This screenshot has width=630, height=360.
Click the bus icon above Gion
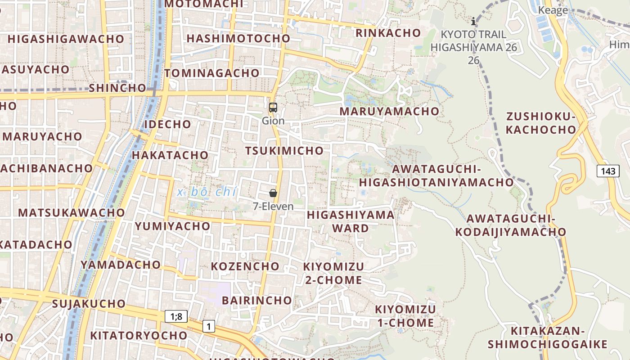(273, 108)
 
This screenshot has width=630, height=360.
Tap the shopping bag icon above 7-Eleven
(273, 193)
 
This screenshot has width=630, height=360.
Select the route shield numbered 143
(608, 171)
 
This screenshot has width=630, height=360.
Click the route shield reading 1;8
(176, 316)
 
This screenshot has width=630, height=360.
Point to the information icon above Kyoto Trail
(473, 21)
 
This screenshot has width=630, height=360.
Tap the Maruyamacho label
(389, 111)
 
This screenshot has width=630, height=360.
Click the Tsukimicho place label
(284, 151)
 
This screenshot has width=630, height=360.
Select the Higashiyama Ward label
(351, 221)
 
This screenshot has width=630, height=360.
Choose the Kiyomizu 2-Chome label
(333, 273)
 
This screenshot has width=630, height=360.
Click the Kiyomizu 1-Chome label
(405, 316)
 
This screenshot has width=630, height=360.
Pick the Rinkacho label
(388, 33)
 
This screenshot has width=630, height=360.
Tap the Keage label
(553, 10)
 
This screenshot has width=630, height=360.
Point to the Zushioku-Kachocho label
(541, 123)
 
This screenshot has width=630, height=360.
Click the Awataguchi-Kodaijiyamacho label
(511, 225)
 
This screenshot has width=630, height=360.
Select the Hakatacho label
(170, 155)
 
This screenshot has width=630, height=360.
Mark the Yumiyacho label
(172, 226)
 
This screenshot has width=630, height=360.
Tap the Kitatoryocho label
(139, 336)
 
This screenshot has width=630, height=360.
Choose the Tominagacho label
(212, 73)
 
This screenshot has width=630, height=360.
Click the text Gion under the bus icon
(273, 121)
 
